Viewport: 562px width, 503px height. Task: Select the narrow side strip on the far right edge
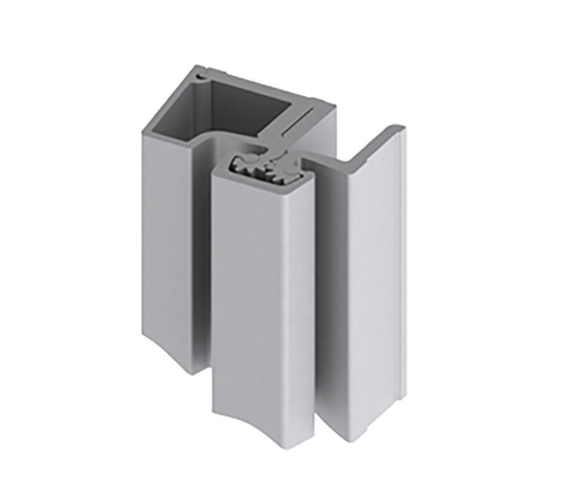tap(401, 281)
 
